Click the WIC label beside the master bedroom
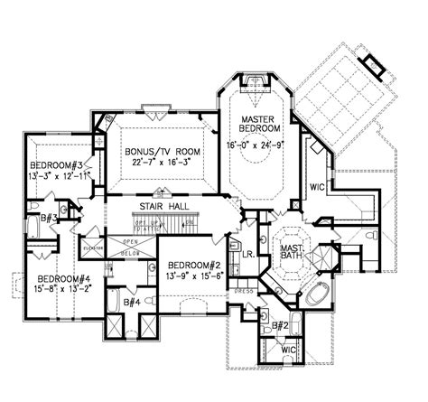tap(319, 188)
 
